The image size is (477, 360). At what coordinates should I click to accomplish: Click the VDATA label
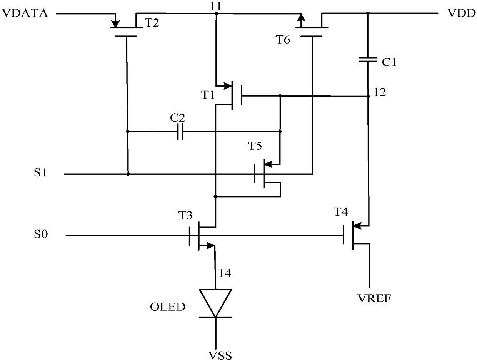(25, 13)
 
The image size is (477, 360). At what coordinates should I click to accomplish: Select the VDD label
(461, 13)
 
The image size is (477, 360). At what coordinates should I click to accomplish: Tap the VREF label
(374, 298)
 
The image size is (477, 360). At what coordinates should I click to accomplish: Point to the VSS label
(220, 355)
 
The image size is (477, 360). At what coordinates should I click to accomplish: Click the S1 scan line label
(40, 172)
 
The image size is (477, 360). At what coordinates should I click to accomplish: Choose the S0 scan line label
(41, 234)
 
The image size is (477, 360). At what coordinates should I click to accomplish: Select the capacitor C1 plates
(368, 60)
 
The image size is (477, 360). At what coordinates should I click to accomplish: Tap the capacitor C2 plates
(180, 132)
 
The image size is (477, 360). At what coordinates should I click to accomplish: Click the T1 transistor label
(208, 95)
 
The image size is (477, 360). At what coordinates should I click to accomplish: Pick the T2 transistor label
(152, 23)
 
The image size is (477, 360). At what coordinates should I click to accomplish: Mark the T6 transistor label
(283, 40)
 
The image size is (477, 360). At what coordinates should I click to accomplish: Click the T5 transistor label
(255, 146)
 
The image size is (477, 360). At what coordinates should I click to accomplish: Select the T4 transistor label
(341, 211)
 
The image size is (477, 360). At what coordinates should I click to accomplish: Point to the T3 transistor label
(185, 215)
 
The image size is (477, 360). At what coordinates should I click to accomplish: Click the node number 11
(216, 6)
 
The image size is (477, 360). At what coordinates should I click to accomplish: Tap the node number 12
(380, 92)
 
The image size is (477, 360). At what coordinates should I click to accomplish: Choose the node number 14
(225, 273)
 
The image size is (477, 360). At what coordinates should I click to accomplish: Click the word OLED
(168, 307)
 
